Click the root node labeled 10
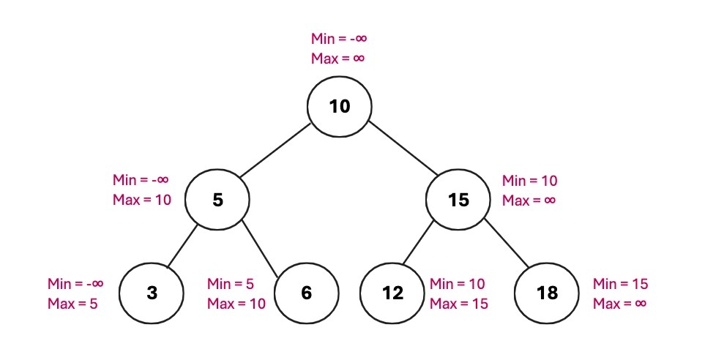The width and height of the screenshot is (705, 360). pos(339,107)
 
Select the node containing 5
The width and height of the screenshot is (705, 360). pos(217,199)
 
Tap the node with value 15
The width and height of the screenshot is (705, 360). pos(458,199)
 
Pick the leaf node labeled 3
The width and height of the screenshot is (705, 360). pos(152,293)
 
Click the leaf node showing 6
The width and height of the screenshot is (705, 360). pos(306,293)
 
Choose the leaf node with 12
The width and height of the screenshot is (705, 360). pos(392,293)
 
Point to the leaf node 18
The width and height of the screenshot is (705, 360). pos(547,293)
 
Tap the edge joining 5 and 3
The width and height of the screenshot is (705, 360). pos(183,247)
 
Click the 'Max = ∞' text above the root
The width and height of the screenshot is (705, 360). pos(337,59)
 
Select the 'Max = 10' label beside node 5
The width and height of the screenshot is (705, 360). pos(142,200)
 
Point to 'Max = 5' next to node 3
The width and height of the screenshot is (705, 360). pos(72,303)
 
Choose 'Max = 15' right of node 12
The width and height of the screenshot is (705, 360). pos(458,303)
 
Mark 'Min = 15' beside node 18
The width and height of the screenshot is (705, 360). pos(620,284)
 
